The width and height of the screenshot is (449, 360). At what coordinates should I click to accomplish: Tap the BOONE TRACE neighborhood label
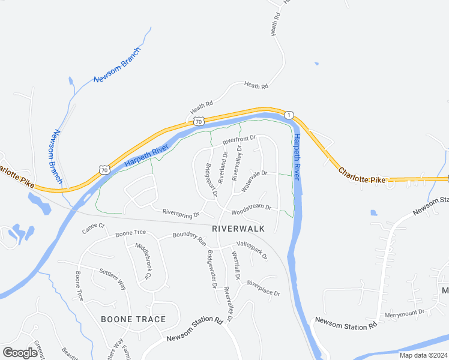[133, 319]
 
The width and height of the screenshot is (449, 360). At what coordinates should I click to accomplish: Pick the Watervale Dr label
[253, 181]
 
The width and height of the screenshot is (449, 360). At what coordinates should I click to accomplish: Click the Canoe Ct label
[93, 227]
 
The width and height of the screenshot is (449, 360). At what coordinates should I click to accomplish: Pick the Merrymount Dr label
[405, 312]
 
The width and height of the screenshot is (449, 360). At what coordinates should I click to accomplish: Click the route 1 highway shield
[289, 115]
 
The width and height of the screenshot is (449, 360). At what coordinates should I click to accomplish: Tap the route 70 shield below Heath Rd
[199, 121]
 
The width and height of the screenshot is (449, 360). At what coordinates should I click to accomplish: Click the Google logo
[20, 353]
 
